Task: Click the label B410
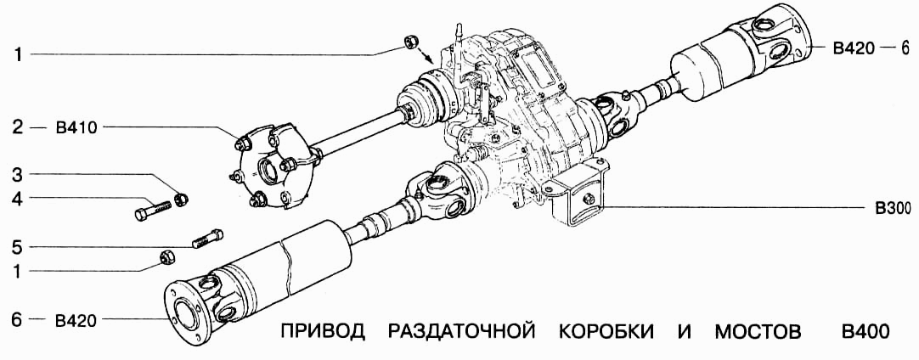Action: pyautogui.click(x=76, y=128)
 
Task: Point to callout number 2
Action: pyautogui.click(x=17, y=128)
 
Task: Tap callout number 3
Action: pyautogui.click(x=17, y=176)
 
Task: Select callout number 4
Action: pyautogui.click(x=17, y=200)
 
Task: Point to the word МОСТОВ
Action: pyautogui.click(x=756, y=330)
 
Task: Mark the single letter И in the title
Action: pyautogui.click(x=685, y=330)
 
